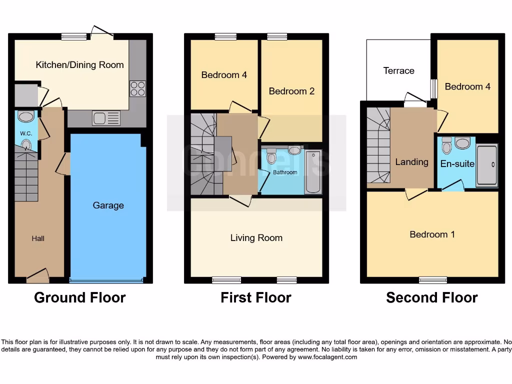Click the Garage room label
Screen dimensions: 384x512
(108, 205)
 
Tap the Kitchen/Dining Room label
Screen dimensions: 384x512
(79, 65)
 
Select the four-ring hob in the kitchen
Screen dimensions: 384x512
(137, 88)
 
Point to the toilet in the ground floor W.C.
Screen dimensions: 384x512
(25, 145)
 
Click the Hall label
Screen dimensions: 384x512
(38, 238)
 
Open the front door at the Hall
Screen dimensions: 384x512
(37, 274)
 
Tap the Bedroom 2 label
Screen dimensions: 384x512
(291, 91)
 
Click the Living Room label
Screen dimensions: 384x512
(256, 238)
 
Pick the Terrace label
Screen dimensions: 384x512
(398, 71)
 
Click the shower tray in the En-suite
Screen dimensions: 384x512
(486, 165)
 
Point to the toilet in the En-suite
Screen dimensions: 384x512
(447, 145)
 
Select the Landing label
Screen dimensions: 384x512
(411, 161)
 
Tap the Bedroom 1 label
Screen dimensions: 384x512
(432, 234)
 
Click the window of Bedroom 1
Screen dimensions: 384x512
(433, 279)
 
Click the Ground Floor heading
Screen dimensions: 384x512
(79, 298)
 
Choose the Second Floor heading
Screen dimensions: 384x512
(431, 298)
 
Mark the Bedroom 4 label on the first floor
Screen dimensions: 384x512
(224, 75)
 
